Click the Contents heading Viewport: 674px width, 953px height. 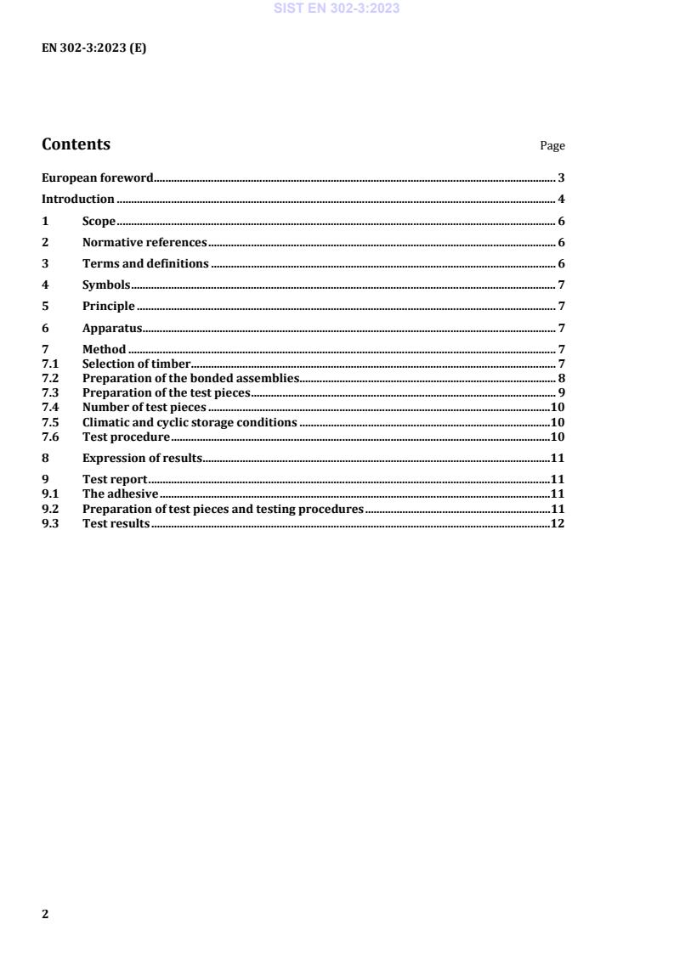[76, 144]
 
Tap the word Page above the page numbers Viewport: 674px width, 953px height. [552, 146]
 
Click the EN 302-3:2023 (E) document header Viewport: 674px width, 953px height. [93, 48]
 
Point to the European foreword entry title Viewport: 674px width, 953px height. [97, 178]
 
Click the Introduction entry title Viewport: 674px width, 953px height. [78, 200]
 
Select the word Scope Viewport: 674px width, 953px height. [99, 222]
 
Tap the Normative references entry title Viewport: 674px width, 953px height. [144, 243]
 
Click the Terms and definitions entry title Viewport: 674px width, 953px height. [145, 264]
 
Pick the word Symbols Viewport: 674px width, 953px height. [105, 285]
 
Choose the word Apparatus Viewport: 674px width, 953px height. [111, 328]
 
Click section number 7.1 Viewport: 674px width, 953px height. [49, 364]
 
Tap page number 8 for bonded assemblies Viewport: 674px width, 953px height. [562, 379]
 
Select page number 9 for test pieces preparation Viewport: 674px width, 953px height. [562, 393]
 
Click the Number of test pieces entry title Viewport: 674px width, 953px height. [144, 408]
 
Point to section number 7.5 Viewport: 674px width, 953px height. [49, 422]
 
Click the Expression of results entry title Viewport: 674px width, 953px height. [142, 458]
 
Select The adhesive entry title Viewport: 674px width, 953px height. [120, 494]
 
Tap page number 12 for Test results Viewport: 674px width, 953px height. [558, 523]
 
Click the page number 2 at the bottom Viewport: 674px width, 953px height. [46, 914]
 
